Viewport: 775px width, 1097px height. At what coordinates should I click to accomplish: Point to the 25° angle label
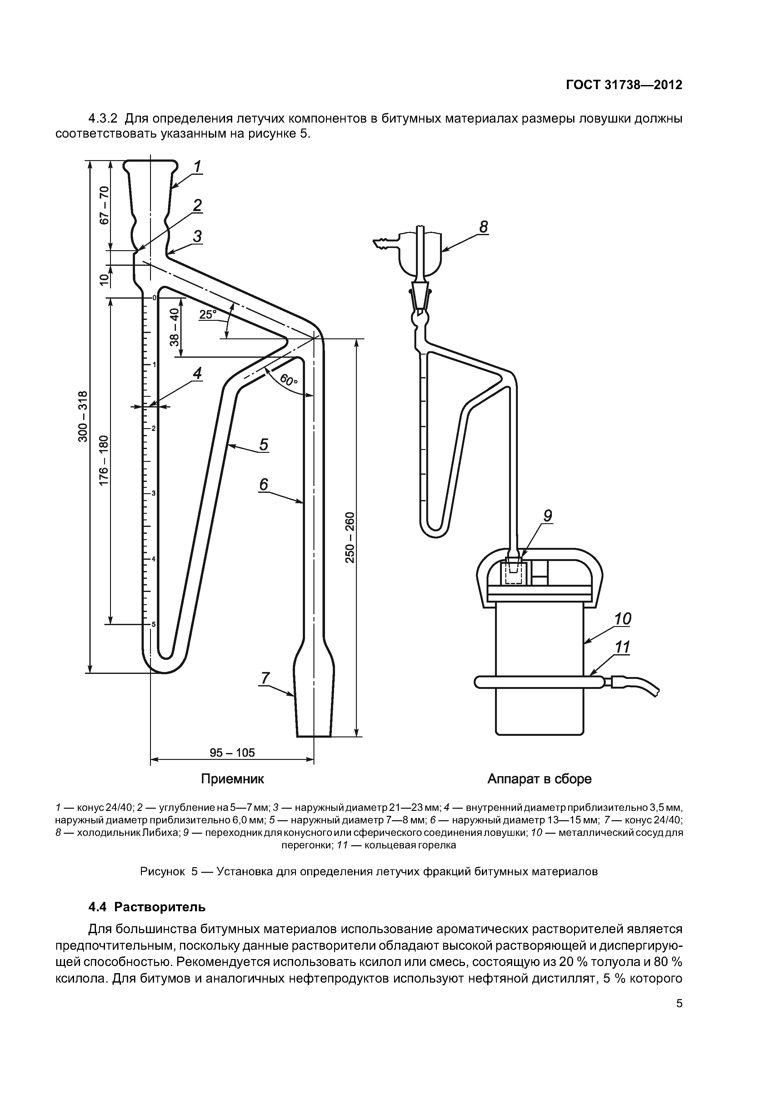[208, 314]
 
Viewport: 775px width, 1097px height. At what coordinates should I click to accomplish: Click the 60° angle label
[288, 380]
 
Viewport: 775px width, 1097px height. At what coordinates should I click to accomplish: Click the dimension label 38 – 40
[175, 327]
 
